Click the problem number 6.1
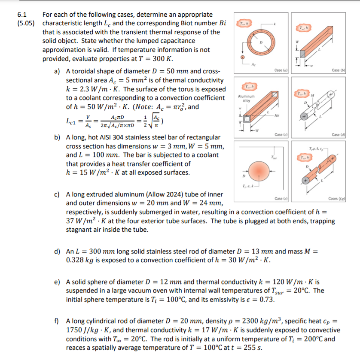coord(21,15)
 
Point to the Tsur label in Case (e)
coord(272,157)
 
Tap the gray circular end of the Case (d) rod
coord(305,116)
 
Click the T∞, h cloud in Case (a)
coord(244,23)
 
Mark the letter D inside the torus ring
coord(260,42)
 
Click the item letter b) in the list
coord(57,137)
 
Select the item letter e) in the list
coord(57,282)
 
